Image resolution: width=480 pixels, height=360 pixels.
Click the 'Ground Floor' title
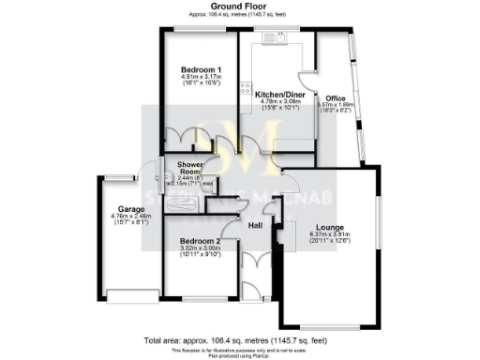point(240,7)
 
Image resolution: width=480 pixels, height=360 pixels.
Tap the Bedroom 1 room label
point(201,70)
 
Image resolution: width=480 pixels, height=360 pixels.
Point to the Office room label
point(336,98)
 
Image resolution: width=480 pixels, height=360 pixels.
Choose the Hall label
point(254,225)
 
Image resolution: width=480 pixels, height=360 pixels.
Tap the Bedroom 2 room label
point(199,241)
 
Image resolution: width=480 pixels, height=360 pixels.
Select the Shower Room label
point(191,168)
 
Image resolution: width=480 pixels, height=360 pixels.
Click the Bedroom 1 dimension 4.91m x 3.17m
point(201,78)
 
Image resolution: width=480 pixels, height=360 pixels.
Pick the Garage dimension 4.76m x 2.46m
point(128,217)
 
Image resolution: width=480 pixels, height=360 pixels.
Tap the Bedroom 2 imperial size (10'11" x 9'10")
point(199,257)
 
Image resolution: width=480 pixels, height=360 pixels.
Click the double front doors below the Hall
point(254,264)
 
